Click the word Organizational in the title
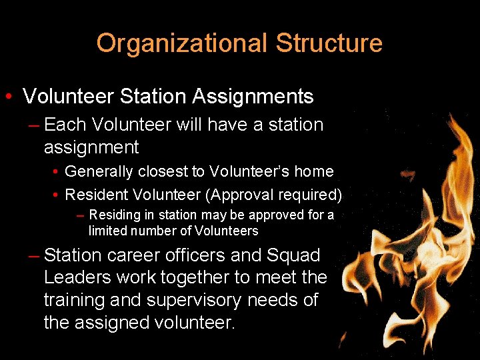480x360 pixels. coord(182,43)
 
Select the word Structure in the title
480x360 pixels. coord(329,43)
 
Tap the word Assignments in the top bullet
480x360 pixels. coord(253,97)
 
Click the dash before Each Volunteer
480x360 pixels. coord(34,125)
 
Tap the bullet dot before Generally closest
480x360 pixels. coord(56,172)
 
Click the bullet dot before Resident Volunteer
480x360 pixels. coord(56,195)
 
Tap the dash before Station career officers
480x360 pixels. coord(34,255)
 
